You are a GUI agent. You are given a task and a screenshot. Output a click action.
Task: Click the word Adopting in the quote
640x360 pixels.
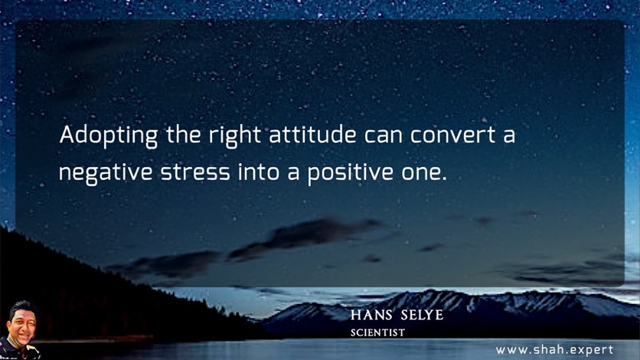[109, 136]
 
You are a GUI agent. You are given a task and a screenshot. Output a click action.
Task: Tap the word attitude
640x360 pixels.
[312, 134]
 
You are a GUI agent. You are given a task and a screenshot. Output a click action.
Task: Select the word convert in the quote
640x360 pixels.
[453, 136]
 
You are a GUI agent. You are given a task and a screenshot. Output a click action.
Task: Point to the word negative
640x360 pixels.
[106, 173]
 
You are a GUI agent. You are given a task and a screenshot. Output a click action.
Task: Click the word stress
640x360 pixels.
[195, 173]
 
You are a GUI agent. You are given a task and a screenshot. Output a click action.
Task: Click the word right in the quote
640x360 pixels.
[235, 136]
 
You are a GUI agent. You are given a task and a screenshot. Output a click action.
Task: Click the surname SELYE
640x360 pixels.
[422, 315]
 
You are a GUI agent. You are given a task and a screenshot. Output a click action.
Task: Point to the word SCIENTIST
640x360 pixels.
[377, 333]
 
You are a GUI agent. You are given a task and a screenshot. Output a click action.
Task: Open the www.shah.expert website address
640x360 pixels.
[554, 350]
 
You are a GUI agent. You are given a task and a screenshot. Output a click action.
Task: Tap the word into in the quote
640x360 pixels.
[259, 172]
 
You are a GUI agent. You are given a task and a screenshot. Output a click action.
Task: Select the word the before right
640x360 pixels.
[183, 134]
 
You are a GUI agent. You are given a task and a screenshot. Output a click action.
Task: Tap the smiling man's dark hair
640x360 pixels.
[22, 307]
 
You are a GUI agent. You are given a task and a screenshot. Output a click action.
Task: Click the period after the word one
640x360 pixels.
[444, 179]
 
